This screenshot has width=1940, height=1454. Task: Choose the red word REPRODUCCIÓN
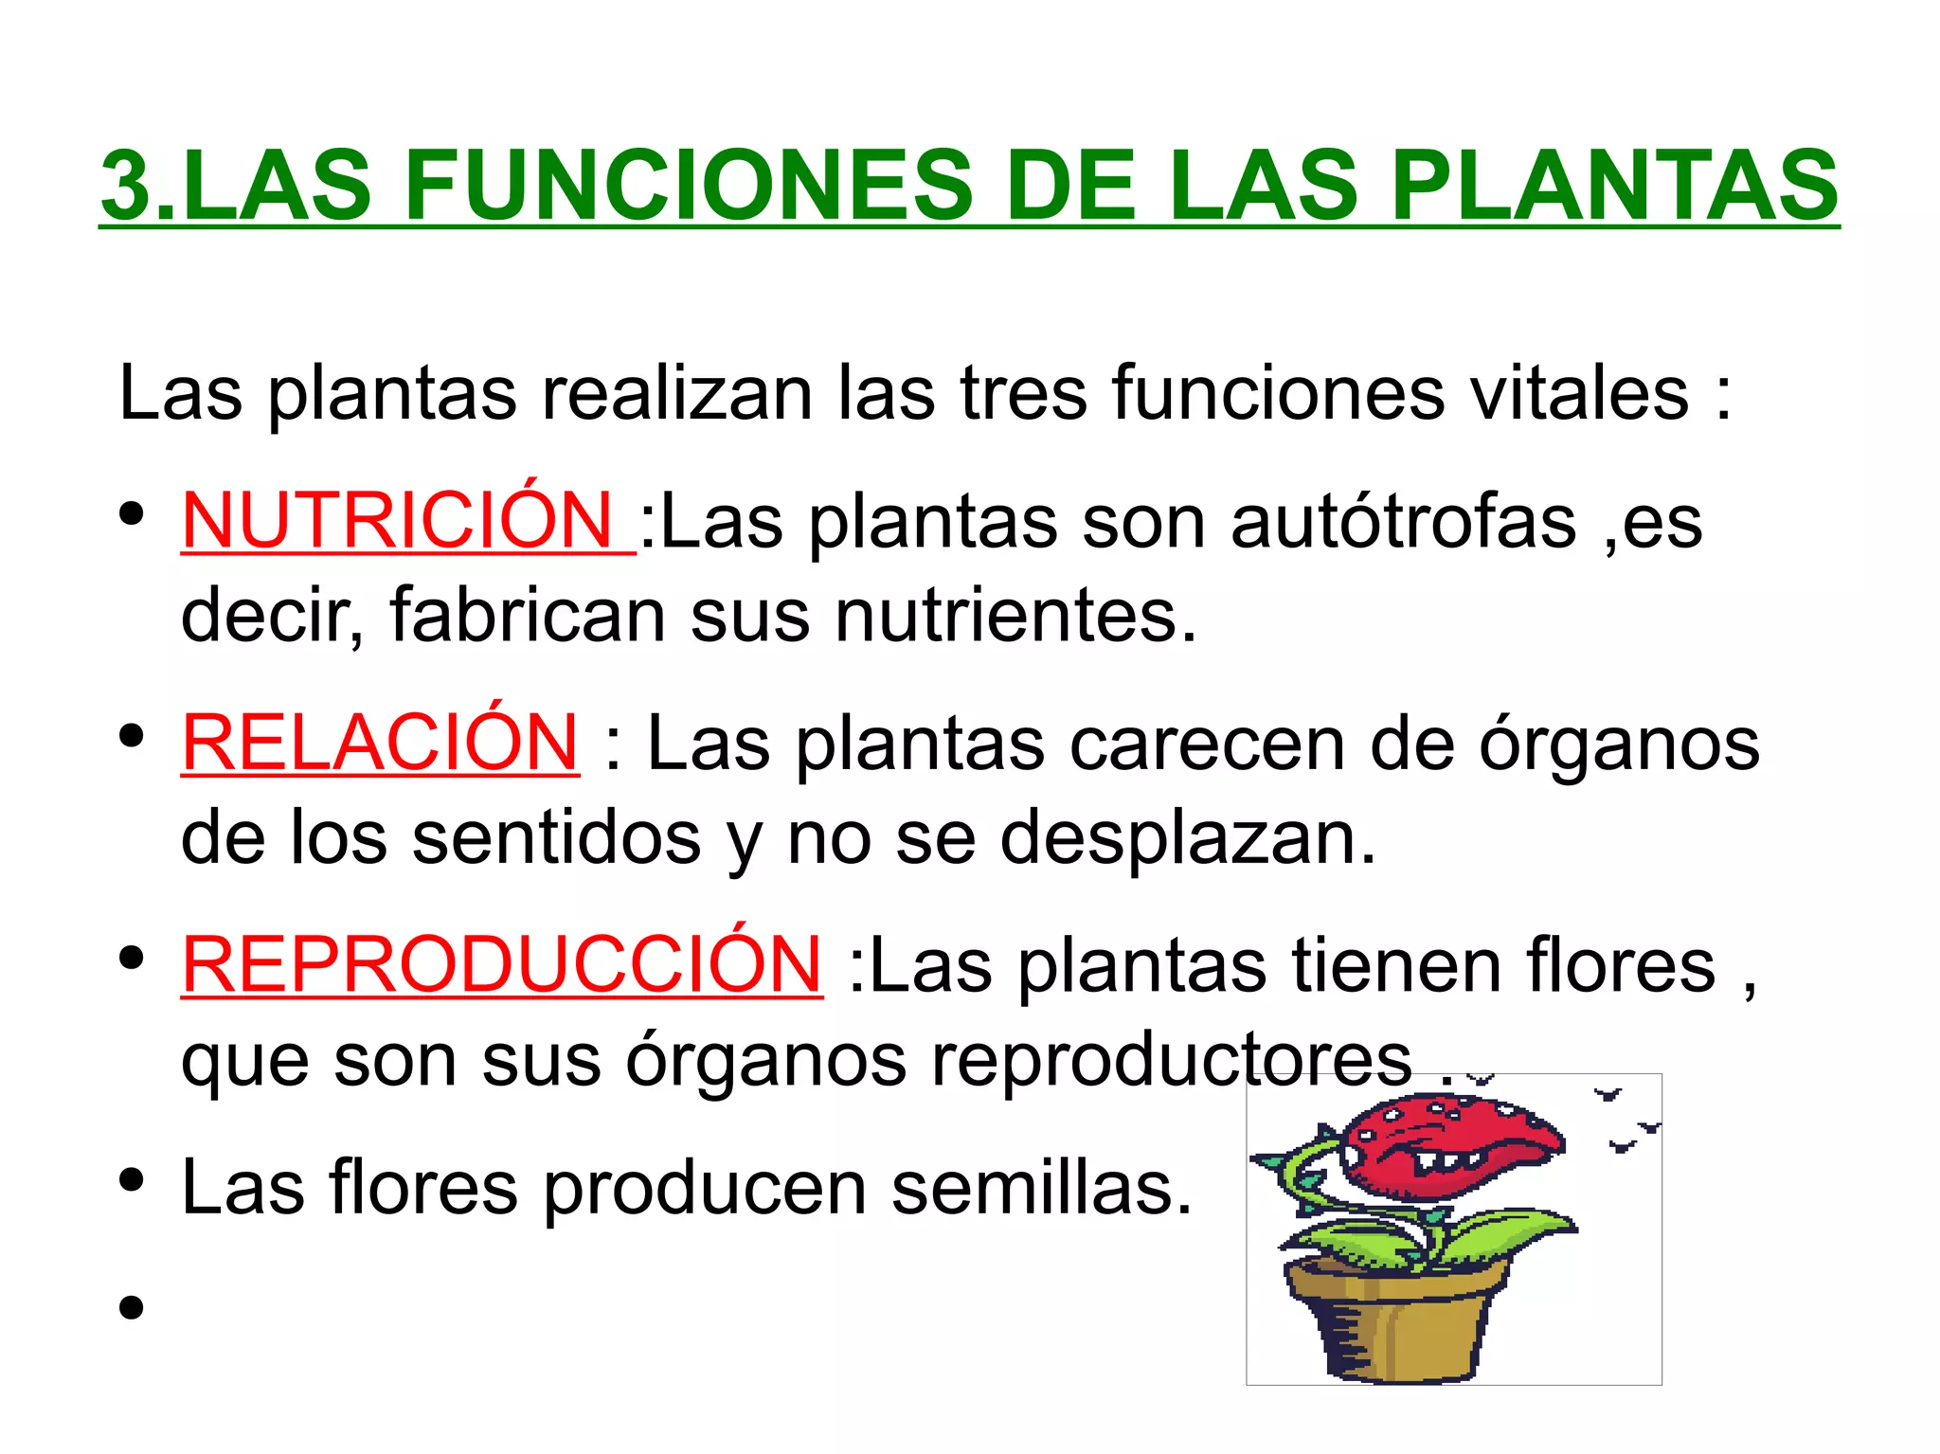point(502,964)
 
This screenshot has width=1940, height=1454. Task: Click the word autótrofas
point(1403,521)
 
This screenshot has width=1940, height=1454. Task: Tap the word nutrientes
point(1015,615)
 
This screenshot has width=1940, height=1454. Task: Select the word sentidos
point(556,837)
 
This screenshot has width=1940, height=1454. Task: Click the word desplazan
point(1187,837)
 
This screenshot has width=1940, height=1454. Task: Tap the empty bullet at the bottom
point(132,1308)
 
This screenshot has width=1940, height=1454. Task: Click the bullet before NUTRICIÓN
point(132,514)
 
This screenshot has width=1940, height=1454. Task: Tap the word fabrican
point(527,615)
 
